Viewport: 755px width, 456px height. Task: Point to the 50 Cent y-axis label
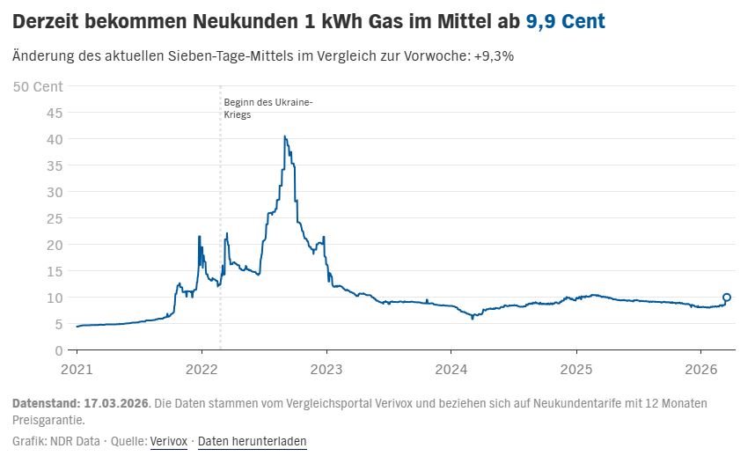click(x=38, y=85)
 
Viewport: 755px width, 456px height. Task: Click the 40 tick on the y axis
click(x=55, y=139)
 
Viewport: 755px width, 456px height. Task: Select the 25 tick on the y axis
click(x=55, y=218)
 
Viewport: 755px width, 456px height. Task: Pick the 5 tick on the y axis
click(x=58, y=324)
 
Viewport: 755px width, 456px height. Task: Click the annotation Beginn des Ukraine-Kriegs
click(x=268, y=108)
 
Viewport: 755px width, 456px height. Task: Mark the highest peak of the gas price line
click(x=284, y=136)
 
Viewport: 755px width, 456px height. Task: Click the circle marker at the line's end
click(x=726, y=298)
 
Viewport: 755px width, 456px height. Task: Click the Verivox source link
click(x=169, y=441)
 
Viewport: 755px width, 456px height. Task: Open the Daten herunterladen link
click(x=252, y=441)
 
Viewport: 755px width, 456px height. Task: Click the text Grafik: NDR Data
click(x=55, y=441)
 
